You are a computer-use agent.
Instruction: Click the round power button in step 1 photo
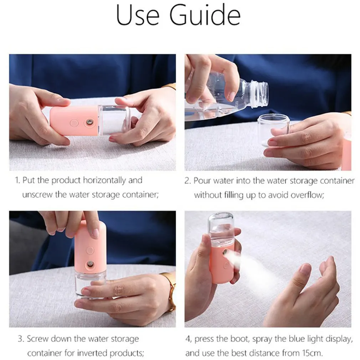[x=74, y=123]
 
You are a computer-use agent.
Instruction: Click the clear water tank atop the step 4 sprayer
[x=221, y=228]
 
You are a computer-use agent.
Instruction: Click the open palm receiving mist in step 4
[x=307, y=292]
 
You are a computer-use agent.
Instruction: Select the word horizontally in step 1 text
[x=104, y=180]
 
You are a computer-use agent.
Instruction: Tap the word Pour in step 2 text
[x=202, y=181]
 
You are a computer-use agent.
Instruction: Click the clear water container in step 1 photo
[x=113, y=120]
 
